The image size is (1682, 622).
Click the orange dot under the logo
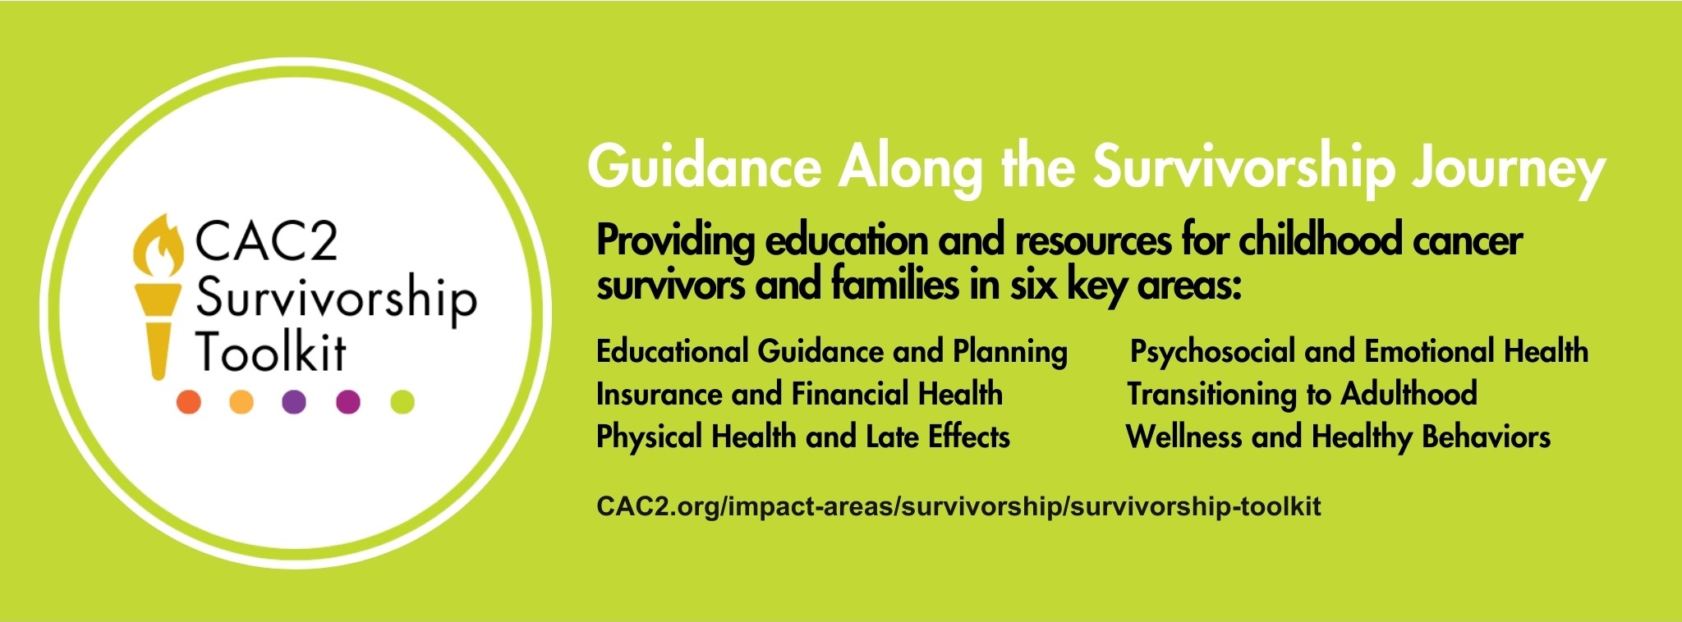(x=189, y=402)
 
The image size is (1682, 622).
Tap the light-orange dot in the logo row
(x=241, y=402)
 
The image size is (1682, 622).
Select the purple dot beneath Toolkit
(x=294, y=402)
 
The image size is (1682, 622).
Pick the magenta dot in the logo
(x=348, y=402)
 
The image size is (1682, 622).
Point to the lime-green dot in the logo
(x=402, y=402)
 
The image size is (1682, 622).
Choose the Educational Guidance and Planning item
(x=832, y=352)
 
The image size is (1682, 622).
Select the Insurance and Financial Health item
(x=799, y=394)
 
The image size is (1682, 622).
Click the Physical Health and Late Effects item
(x=803, y=437)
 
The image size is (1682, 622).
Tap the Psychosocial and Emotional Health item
(x=1359, y=352)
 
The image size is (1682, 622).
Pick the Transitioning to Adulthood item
(x=1302, y=394)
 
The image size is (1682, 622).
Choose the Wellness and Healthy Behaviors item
(x=1338, y=437)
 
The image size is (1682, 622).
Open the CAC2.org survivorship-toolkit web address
(x=959, y=505)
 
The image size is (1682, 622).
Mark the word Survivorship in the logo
(x=336, y=299)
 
